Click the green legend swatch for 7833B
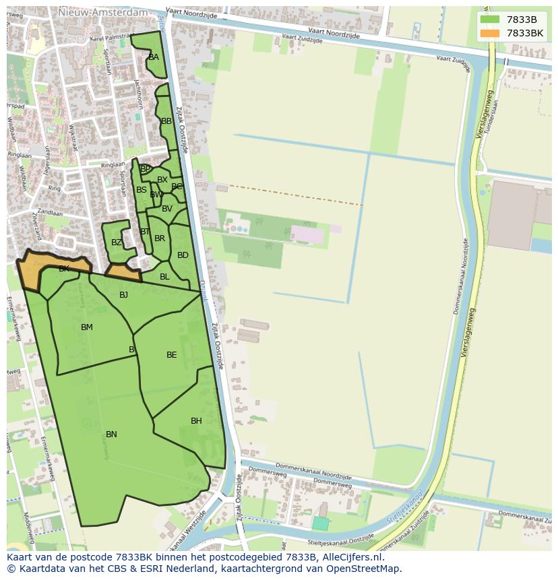(490, 20)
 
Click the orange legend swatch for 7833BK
(490, 33)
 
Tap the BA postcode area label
(154, 57)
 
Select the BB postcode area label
(166, 121)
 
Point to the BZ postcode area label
(117, 243)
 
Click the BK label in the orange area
(64, 269)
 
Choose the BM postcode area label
(87, 327)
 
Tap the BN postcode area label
(111, 434)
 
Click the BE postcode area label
(172, 355)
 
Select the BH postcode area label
(196, 421)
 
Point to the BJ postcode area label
(123, 295)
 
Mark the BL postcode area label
(164, 277)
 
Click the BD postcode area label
(183, 255)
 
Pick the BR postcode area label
(160, 238)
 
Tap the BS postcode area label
(142, 190)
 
